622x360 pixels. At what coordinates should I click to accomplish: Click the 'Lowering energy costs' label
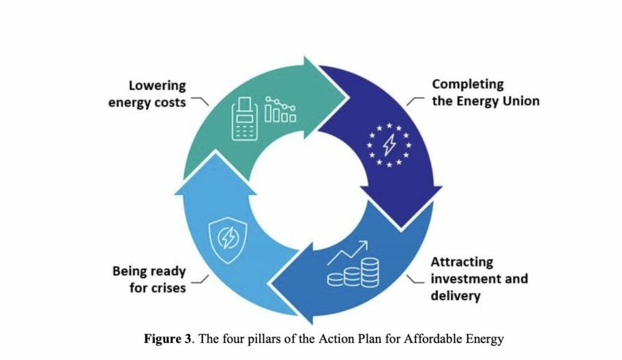147,94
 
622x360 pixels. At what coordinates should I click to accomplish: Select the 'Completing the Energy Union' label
486,92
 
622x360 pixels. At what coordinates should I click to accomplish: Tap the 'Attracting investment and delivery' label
479,279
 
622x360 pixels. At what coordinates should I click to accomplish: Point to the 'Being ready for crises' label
149,279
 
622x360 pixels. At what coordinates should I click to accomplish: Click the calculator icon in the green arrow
244,119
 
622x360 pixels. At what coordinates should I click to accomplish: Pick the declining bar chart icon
280,109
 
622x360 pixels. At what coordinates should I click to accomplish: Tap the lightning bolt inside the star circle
389,145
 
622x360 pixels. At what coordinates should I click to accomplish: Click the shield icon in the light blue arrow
228,240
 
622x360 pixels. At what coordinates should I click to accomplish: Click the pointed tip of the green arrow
349,97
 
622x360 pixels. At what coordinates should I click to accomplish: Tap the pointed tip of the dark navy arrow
401,230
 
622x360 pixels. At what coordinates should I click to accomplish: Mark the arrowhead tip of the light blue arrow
216,151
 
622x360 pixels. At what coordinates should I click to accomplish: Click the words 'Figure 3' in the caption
167,339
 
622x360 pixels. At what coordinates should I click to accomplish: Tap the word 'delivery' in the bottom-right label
456,296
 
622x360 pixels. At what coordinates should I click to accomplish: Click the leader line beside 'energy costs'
200,101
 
